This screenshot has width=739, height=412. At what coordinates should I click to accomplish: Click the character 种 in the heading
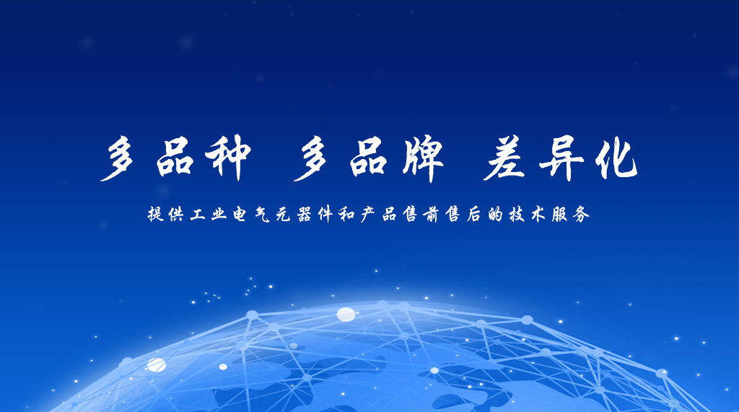tap(228, 158)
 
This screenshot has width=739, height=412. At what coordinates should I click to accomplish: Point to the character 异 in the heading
tap(561, 158)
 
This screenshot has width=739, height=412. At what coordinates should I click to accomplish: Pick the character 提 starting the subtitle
tap(156, 214)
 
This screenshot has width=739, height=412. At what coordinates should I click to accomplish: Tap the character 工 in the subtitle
tap(198, 215)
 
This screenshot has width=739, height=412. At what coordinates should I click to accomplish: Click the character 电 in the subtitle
tap(240, 215)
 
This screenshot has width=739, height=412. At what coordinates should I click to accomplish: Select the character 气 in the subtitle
tap(262, 215)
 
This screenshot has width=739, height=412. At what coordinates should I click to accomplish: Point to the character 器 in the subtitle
tap(305, 215)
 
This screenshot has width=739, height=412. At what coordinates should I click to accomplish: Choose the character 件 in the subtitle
tap(325, 215)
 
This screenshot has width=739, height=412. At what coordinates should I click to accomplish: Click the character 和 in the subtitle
tap(346, 215)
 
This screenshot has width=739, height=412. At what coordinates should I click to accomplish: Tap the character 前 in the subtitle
tap(432, 215)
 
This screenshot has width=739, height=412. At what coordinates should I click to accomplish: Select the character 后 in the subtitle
tap(473, 215)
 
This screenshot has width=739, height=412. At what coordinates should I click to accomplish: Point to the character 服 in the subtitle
tap(560, 215)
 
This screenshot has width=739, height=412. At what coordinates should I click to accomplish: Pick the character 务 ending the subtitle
tap(581, 215)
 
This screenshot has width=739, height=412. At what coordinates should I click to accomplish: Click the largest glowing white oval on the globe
tap(346, 314)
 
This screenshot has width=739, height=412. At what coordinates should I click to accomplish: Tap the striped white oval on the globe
tap(155, 364)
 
